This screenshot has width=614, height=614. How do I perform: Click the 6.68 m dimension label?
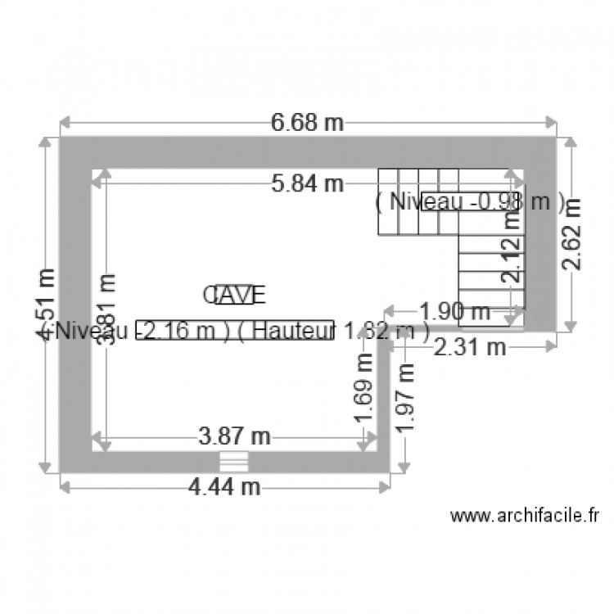[x=307, y=123]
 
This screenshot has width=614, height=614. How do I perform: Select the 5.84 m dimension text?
[x=307, y=183]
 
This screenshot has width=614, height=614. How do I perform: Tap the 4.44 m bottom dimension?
[x=224, y=487]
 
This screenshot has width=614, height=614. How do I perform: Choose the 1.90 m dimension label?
[x=454, y=311]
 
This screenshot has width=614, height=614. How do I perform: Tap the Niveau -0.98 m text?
[x=470, y=201]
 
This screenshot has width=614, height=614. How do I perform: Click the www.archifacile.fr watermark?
[x=526, y=515]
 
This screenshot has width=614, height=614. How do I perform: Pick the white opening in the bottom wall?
[x=233, y=461]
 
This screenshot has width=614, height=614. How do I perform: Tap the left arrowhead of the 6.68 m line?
[x=62, y=123]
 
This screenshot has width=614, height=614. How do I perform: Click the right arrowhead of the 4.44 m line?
[x=387, y=487]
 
